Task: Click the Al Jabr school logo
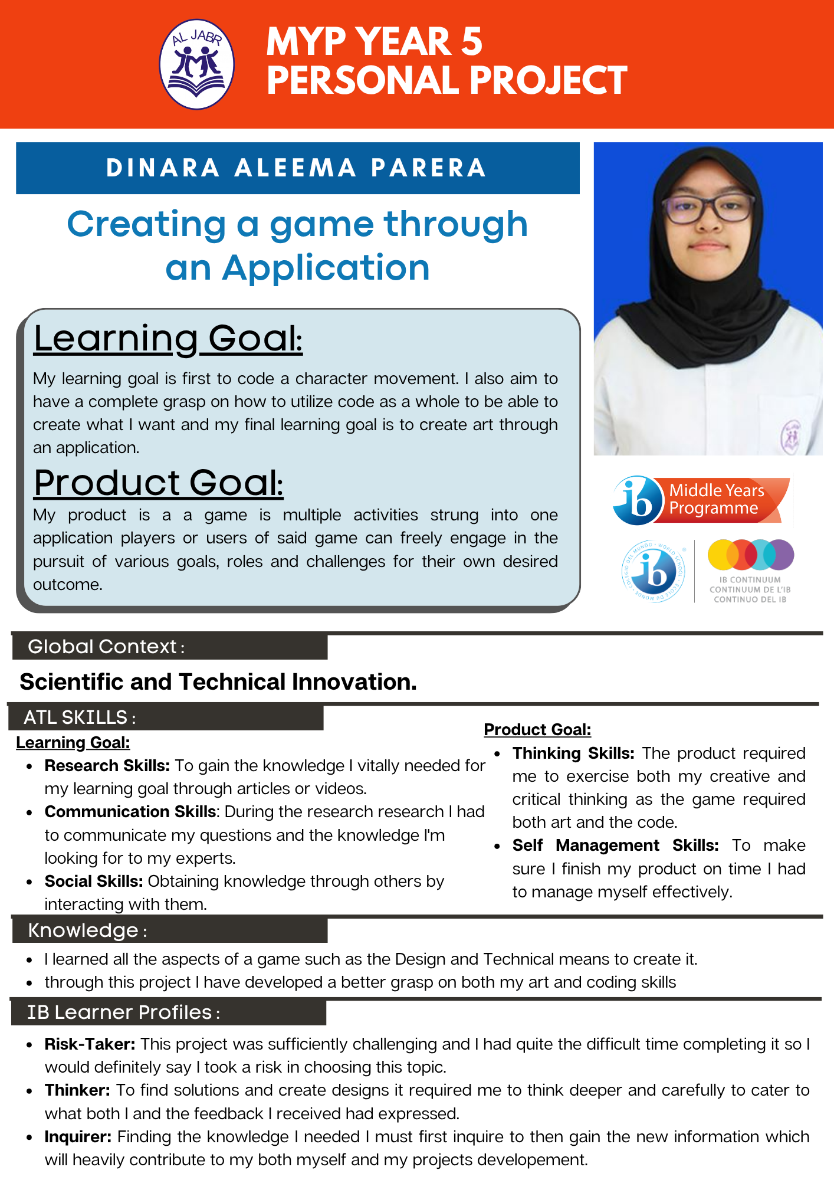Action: [197, 64]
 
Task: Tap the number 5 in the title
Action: [472, 41]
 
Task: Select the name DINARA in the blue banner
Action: [163, 168]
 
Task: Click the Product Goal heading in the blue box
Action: [158, 482]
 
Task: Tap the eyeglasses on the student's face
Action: [708, 208]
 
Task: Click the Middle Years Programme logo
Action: [702, 500]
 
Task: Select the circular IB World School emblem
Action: [654, 571]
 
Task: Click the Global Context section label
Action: [106, 647]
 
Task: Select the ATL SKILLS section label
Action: [80, 717]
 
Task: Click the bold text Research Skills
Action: [107, 765]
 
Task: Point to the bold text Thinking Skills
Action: [573, 753]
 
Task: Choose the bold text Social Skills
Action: [94, 881]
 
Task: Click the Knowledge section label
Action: [87, 930]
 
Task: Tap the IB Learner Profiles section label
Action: [123, 1012]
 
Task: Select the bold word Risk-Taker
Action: [90, 1044]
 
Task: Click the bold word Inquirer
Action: [78, 1137]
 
